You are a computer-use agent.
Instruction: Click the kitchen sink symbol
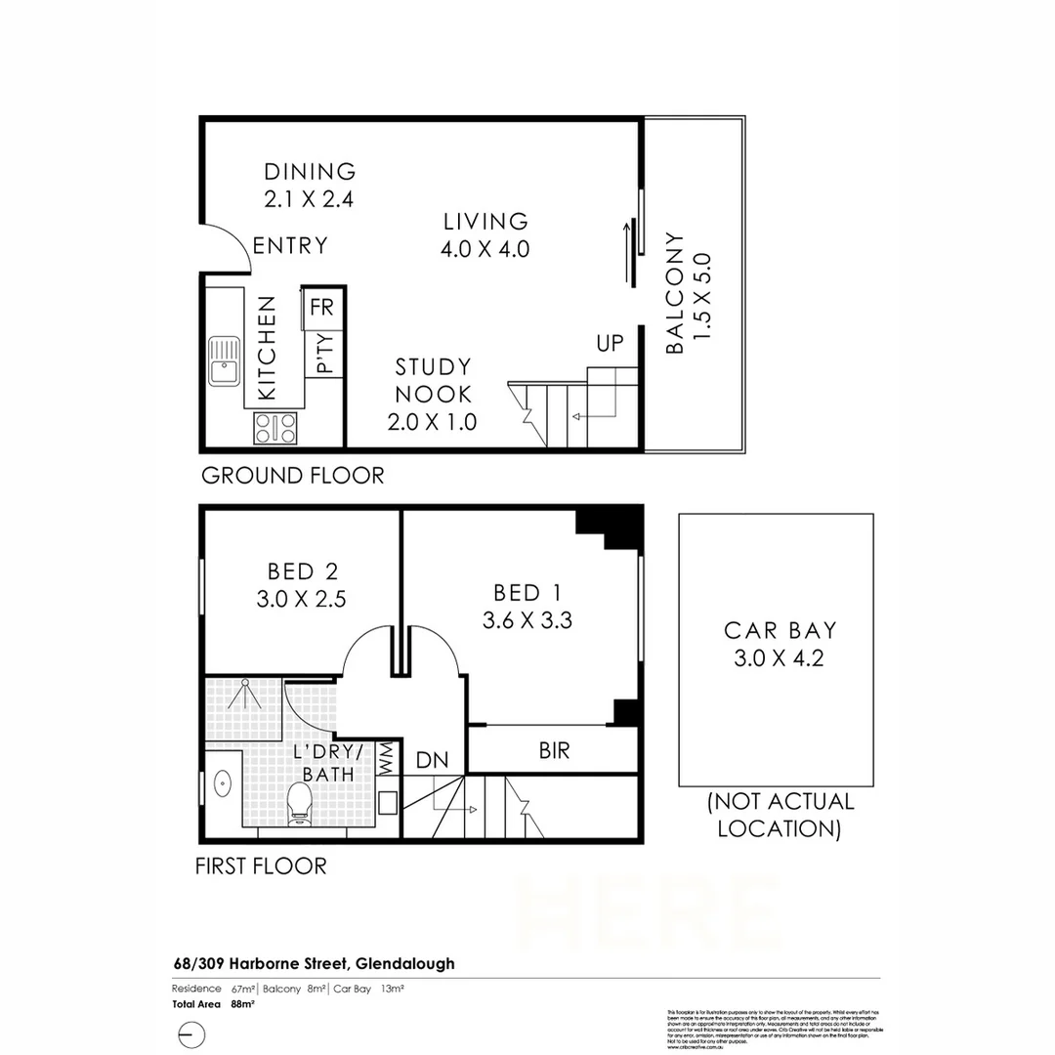(x=224, y=359)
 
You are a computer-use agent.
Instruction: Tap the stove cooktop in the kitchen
(x=275, y=426)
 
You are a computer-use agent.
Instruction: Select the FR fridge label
(x=321, y=307)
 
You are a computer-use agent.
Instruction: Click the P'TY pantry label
(x=324, y=354)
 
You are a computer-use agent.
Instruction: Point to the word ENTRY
(x=290, y=245)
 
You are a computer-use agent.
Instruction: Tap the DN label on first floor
(x=432, y=759)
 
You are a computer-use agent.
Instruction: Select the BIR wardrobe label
(x=554, y=750)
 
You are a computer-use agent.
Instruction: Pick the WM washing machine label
(x=386, y=759)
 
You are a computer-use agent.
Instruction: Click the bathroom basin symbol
(x=222, y=784)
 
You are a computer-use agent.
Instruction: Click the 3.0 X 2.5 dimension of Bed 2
(x=302, y=599)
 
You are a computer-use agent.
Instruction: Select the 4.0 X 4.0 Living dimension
(x=485, y=248)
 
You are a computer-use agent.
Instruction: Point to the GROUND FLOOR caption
(x=292, y=476)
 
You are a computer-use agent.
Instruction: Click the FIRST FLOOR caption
(x=261, y=865)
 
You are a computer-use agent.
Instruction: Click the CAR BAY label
(x=780, y=630)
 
